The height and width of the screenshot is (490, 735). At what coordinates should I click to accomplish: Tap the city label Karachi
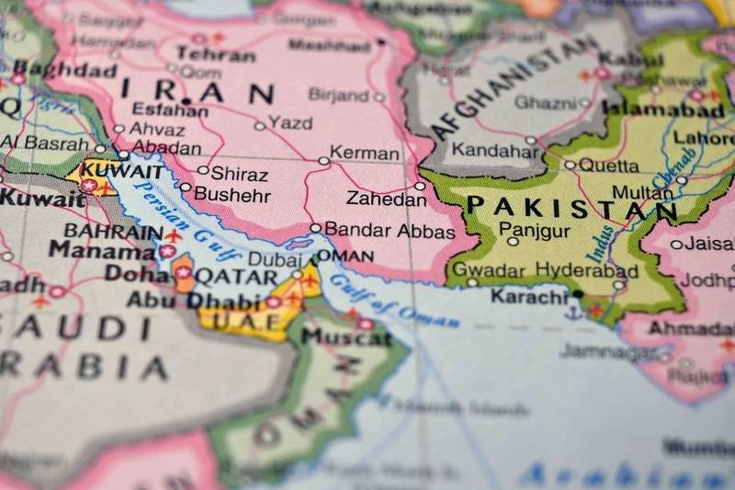529,296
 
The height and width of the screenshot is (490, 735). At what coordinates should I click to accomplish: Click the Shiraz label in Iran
239,173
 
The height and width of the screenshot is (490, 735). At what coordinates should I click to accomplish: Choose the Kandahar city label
482,150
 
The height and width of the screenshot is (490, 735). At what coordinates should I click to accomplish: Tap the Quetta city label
608,165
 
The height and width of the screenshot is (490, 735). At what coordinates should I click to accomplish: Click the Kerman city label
365,154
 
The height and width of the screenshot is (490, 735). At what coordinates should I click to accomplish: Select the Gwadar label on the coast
490,270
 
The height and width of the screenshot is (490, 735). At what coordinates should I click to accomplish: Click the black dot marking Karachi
578,294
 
